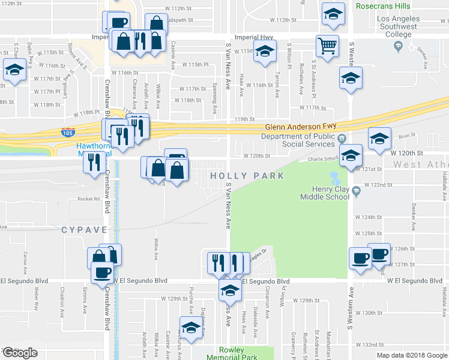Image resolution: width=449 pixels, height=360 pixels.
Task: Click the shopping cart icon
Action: point(327,46)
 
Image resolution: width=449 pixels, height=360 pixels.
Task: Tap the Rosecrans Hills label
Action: point(384,5)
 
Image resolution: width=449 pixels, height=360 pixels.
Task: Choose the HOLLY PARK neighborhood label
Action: point(238,175)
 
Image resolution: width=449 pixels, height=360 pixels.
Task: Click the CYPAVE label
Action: point(83,230)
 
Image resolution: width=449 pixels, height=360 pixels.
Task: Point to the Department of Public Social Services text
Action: point(298,140)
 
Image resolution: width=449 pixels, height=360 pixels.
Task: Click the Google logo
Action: point(20,352)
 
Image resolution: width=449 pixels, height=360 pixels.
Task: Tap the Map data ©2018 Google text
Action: point(411,355)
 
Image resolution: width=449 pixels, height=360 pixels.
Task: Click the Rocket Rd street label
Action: point(88,199)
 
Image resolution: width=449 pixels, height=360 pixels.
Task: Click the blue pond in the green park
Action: point(334,178)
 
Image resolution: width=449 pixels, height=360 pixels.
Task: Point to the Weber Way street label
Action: point(37,297)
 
